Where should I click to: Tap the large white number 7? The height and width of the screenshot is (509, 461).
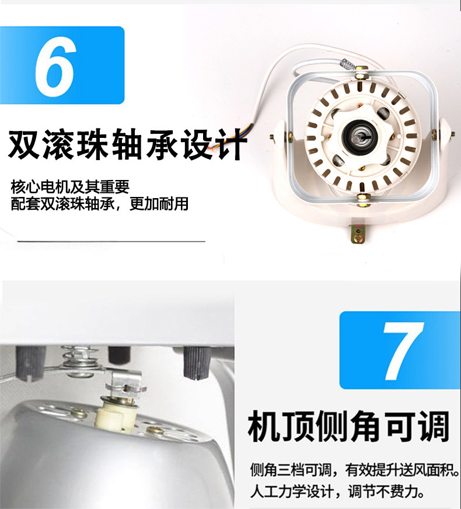pyautogui.click(x=403, y=351)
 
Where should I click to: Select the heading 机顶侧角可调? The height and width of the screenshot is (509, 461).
pyautogui.click(x=348, y=426)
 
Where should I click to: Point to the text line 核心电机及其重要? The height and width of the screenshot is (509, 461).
pyautogui.click(x=70, y=186)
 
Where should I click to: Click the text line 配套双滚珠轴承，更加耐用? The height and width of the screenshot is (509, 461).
pyautogui.click(x=100, y=204)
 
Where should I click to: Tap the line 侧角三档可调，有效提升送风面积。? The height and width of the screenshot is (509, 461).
pyautogui.click(x=355, y=469)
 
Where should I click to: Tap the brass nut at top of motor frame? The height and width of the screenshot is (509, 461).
pyautogui.click(x=361, y=74)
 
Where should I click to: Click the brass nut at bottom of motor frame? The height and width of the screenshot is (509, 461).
pyautogui.click(x=363, y=198)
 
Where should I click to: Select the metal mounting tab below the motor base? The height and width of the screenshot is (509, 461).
pyautogui.click(x=358, y=233)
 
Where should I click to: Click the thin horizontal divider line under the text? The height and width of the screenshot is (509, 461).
pyautogui.click(x=111, y=241)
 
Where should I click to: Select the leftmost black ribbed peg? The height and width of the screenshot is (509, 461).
pyautogui.click(x=30, y=362)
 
